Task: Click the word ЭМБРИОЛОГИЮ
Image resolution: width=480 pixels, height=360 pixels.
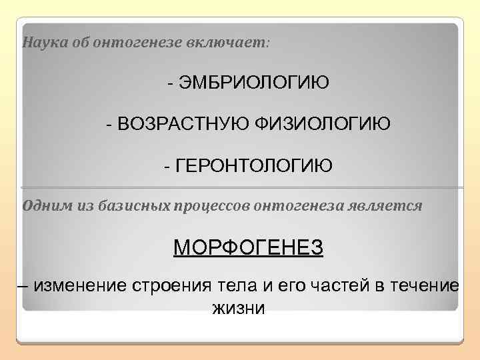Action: click(253, 83)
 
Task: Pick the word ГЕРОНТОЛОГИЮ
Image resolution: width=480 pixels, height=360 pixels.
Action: click(253, 165)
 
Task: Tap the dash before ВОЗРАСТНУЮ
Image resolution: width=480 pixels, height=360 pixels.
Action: click(109, 124)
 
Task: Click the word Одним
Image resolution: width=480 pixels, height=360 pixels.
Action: click(43, 205)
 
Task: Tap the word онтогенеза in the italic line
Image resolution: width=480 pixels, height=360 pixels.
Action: click(298, 205)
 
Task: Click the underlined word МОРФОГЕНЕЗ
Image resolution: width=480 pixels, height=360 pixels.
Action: click(248, 248)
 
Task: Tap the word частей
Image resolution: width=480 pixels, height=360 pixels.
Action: click(328, 286)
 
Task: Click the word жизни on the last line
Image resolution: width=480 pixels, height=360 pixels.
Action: click(238, 309)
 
